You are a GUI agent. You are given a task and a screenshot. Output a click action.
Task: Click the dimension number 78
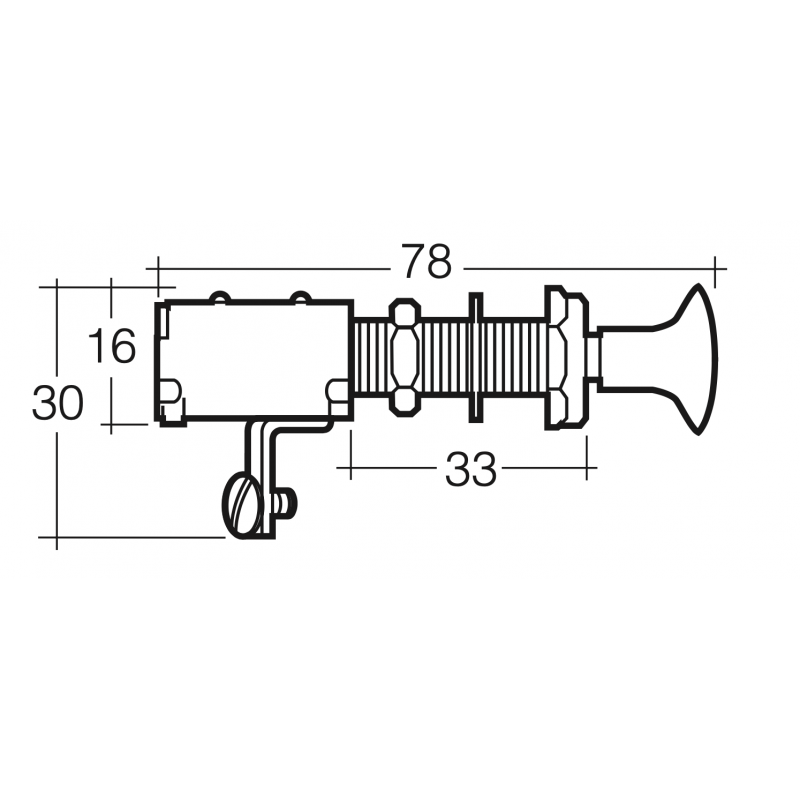(427, 264)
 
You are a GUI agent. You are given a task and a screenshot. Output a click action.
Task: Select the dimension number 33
(470, 469)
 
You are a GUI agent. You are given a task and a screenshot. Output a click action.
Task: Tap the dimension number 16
(111, 347)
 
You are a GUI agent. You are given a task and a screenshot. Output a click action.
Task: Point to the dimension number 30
(57, 404)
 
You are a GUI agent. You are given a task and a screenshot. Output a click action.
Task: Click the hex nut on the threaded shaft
(403, 357)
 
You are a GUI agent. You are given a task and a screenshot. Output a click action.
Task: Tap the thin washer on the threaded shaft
(475, 357)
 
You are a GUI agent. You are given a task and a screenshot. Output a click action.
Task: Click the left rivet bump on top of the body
(219, 297)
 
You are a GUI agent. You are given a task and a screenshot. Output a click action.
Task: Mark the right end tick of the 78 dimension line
(717, 268)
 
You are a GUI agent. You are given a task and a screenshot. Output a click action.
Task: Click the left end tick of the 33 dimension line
(348, 466)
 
